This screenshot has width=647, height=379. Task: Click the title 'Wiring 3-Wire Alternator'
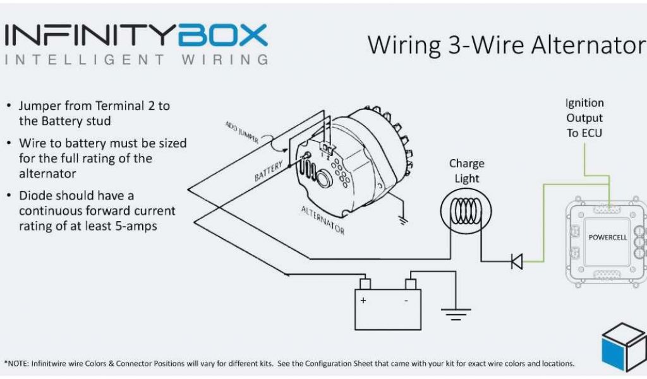click(505, 45)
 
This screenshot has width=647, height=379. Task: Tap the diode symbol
click(517, 261)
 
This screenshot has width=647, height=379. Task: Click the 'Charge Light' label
click(466, 171)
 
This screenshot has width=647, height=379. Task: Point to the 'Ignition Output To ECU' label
click(584, 117)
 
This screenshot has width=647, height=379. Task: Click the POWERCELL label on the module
click(607, 238)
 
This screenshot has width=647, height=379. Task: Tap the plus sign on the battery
click(363, 301)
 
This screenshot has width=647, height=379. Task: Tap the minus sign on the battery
click(406, 301)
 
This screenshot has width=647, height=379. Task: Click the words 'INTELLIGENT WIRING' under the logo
click(136, 61)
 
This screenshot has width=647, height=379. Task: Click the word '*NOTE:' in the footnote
click(16, 364)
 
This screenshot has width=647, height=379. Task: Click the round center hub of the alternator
click(326, 179)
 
